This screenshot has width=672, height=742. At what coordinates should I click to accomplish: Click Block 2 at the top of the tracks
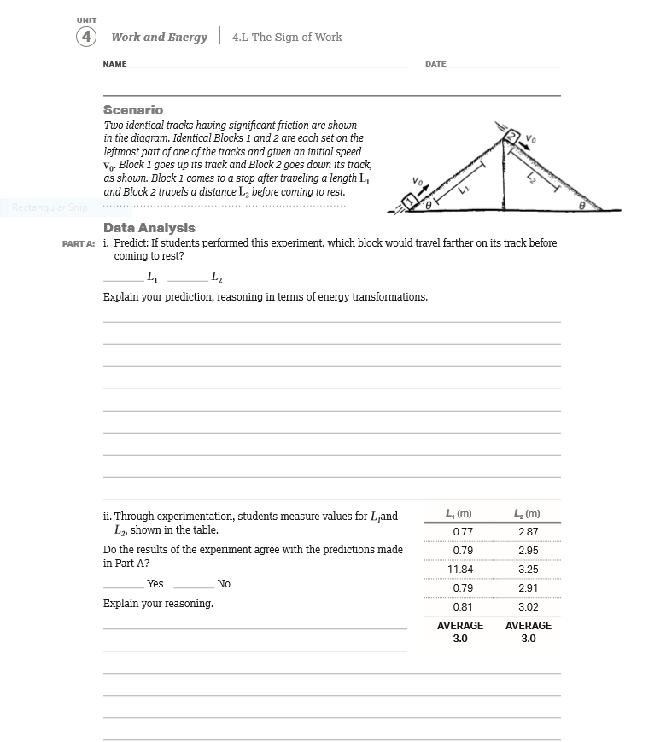[x=511, y=137]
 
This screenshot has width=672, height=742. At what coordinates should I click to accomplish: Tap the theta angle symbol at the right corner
[x=582, y=206]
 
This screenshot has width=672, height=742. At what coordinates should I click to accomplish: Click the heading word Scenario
[x=132, y=110]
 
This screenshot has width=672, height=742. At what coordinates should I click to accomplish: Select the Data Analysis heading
[x=149, y=228]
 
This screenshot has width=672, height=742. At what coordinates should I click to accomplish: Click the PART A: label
[x=79, y=243]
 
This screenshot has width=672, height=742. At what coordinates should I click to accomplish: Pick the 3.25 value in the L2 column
[x=528, y=570]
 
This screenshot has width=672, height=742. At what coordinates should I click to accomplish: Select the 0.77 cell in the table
[x=462, y=531]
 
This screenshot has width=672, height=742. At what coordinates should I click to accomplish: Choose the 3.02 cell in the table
[x=528, y=607]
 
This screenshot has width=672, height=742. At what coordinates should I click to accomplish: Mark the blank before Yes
[x=123, y=584]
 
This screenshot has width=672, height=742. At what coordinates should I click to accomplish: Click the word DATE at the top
[x=435, y=65]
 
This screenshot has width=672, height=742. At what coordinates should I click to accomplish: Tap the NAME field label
[x=114, y=65]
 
